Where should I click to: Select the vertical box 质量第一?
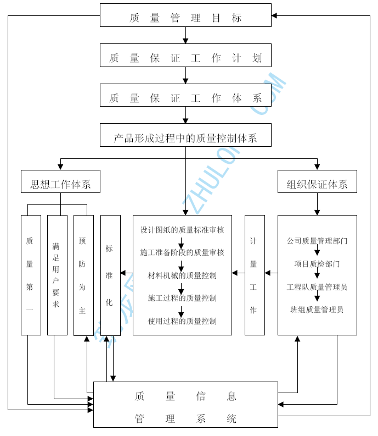pos(31,275)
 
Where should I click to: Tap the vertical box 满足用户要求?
pos(57,275)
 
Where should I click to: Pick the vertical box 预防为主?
pos(83,275)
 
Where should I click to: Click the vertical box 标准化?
pos(110,275)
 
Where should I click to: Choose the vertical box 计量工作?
pos(255,275)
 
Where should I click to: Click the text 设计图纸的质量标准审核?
pos(182,230)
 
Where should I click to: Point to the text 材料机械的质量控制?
pos(182,275)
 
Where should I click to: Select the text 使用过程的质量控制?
pos(182,321)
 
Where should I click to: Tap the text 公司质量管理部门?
pos(317,241)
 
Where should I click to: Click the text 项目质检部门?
pos(317,264)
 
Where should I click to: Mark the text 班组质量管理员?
pos(317,310)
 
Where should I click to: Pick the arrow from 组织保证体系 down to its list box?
pos(317,204)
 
